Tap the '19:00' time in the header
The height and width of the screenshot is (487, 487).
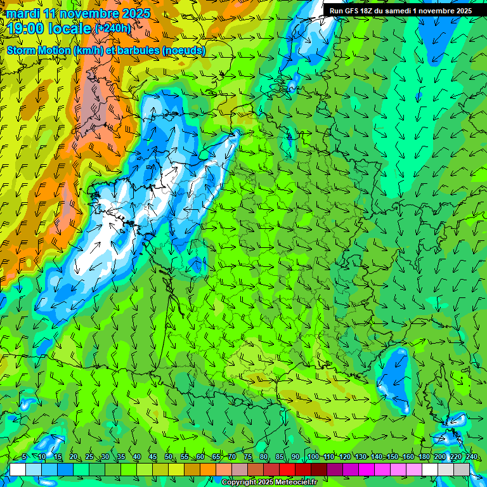pyautogui.click(x=26, y=29)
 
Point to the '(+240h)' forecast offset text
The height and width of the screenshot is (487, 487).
pyautogui.click(x=114, y=29)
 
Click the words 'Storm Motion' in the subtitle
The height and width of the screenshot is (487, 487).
pyautogui.click(x=38, y=50)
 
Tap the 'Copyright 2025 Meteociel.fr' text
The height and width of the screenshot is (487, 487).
pyautogui.click(x=269, y=482)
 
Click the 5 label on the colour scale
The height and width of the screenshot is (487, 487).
pyautogui.click(x=23, y=457)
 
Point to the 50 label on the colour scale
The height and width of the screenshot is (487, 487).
pyautogui.click(x=169, y=457)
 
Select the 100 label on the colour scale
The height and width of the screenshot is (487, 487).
pyautogui.click(x=313, y=457)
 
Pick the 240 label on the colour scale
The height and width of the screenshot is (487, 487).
pyautogui.click(x=471, y=457)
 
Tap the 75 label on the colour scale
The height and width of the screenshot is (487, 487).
pyautogui.click(x=248, y=457)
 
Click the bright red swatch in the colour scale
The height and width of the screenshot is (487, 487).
pyautogui.click(x=287, y=469)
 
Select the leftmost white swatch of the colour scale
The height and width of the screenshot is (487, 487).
pyautogui.click(x=18, y=469)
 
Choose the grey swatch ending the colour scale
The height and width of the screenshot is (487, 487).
pyautogui.click(x=462, y=469)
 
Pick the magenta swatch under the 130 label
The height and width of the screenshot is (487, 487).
pyautogui.click(x=367, y=469)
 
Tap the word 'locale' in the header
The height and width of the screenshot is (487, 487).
pyautogui.click(x=71, y=29)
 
